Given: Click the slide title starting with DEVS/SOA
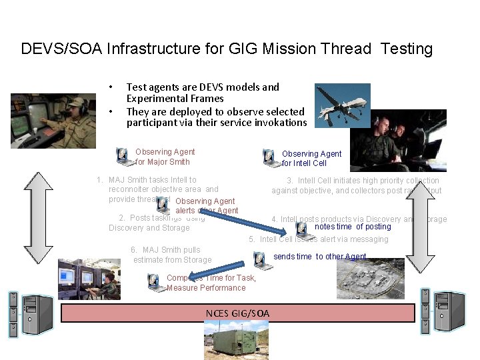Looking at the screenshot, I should pos(227,49).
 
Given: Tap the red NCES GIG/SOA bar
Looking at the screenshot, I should pos(237,313).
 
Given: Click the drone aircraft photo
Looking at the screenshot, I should pos(342,105).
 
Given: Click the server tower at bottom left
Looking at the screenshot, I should pos(29,313).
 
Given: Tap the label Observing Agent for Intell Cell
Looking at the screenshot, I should pos(311,159).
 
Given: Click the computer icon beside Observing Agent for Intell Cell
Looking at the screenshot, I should pos(270,158).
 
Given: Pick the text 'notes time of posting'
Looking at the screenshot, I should pos(353,227).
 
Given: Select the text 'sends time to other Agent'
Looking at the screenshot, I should pos(321,257).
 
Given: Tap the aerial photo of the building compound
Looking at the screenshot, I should pos(370,279).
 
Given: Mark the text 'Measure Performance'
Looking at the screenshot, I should pos(206,288).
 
